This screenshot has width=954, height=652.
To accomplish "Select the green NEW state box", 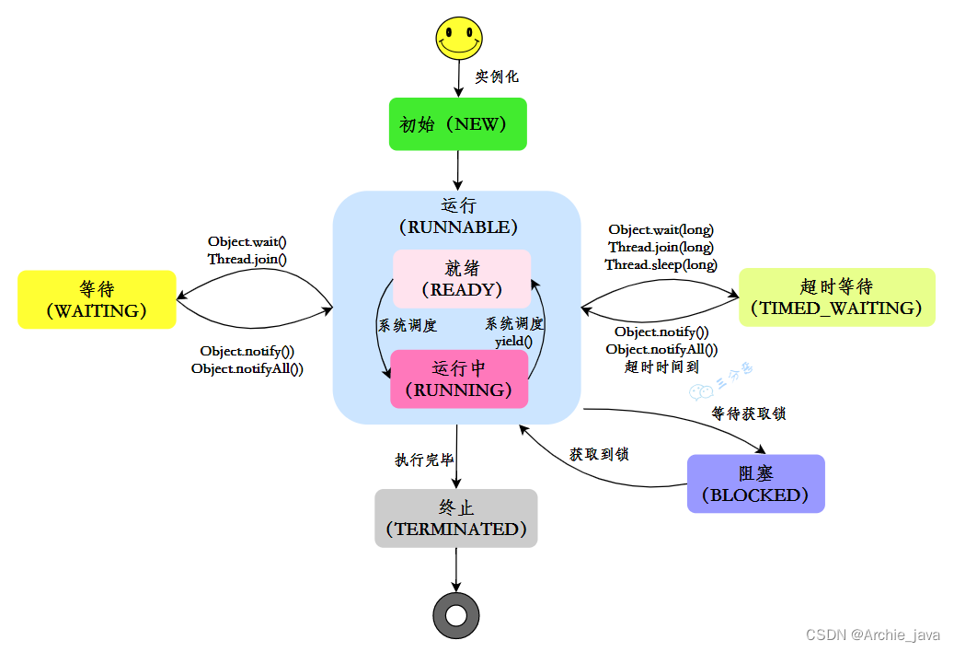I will pyautogui.click(x=457, y=123).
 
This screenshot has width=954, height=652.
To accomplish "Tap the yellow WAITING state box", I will pyautogui.click(x=97, y=299).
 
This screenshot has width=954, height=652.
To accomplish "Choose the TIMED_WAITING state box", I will pyautogui.click(x=836, y=297).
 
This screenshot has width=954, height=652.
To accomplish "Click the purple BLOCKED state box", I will pyautogui.click(x=755, y=483).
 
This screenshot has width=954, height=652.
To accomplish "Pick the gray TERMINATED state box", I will pyautogui.click(x=456, y=518).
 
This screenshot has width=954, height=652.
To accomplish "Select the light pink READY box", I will pyautogui.click(x=462, y=278).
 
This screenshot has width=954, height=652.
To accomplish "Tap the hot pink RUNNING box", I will pyautogui.click(x=459, y=378).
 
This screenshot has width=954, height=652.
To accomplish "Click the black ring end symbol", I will pyautogui.click(x=456, y=614).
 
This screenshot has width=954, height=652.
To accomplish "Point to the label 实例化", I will pyautogui.click(x=497, y=77).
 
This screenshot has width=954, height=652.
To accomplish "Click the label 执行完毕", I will pyautogui.click(x=424, y=460).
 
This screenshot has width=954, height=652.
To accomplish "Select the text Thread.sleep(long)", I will pyautogui.click(x=661, y=264).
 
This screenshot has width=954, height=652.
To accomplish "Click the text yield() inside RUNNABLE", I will pyautogui.click(x=513, y=341).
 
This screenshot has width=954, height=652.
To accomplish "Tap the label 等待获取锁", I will pyautogui.click(x=749, y=413).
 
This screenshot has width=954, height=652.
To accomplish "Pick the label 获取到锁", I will pyautogui.click(x=598, y=454).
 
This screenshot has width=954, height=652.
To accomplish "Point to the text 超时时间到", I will pyautogui.click(x=661, y=367).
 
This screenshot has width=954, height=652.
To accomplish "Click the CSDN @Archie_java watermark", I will pyautogui.click(x=872, y=635).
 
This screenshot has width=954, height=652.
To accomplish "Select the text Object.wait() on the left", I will pyautogui.click(x=247, y=241).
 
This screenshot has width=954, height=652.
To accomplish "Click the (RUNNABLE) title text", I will pyautogui.click(x=457, y=227).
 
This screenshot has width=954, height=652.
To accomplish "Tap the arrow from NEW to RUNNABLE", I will pyautogui.click(x=457, y=170).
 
